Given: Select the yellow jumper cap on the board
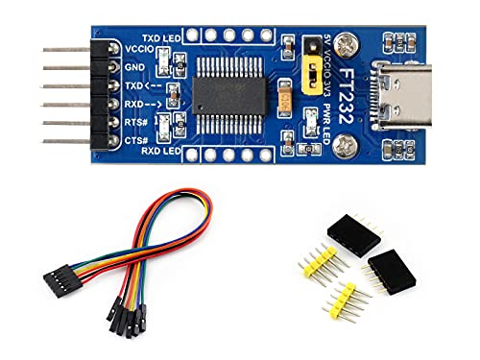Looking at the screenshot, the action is (312, 70).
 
